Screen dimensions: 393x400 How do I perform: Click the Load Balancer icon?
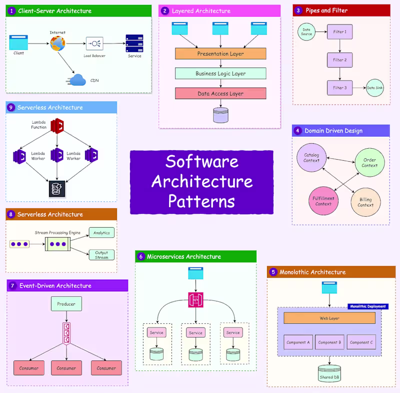(x=94, y=43)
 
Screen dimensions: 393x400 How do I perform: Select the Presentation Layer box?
(x=220, y=54)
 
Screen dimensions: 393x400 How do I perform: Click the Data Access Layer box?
(x=220, y=93)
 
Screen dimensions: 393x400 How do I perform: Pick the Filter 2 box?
(x=339, y=60)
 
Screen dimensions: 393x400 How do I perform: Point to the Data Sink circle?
(x=374, y=88)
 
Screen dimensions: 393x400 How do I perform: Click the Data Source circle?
(x=306, y=32)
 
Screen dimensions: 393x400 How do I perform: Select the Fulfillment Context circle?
(x=323, y=201)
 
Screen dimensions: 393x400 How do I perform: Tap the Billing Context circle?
(x=365, y=202)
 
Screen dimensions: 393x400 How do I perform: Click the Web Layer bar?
(x=329, y=318)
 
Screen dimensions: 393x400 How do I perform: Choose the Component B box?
(x=329, y=342)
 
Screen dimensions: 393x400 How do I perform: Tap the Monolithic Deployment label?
(x=367, y=306)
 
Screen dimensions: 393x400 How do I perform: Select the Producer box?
(x=66, y=303)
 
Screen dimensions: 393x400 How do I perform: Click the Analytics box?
(x=101, y=233)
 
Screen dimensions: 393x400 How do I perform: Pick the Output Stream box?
(x=101, y=255)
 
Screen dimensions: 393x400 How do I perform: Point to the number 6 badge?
(x=141, y=256)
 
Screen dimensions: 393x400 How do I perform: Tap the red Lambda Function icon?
(x=57, y=126)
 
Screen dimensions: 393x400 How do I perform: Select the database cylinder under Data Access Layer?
(x=220, y=115)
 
